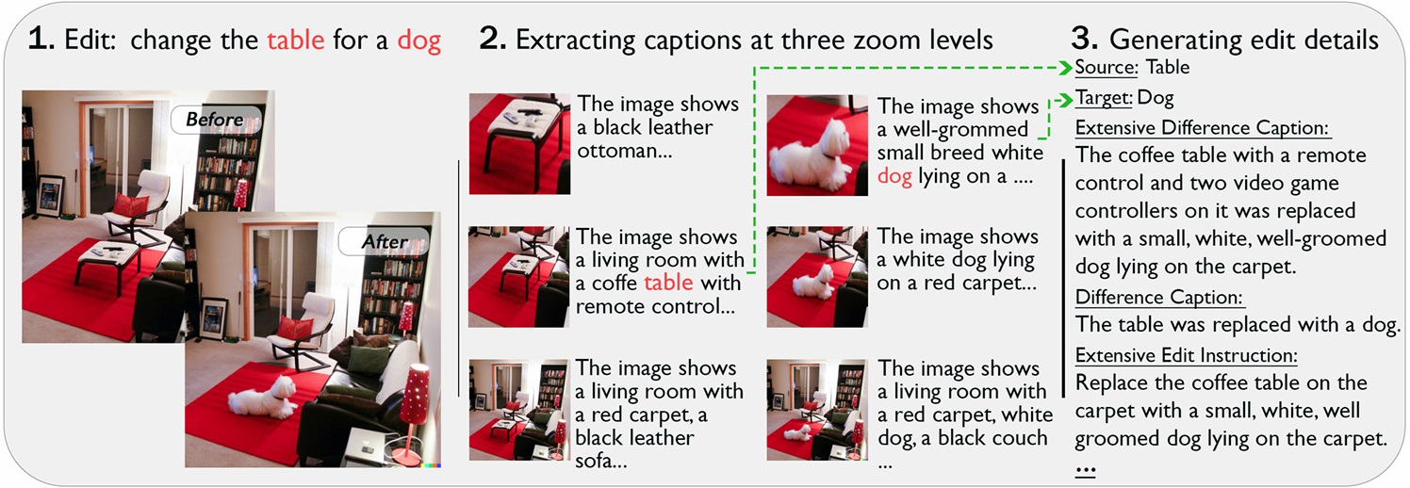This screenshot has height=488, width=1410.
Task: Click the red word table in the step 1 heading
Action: point(295,41)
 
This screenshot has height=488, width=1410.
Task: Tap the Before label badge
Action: point(216,119)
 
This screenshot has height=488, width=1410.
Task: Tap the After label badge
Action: point(384,241)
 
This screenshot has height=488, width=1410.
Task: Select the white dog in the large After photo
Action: point(262,398)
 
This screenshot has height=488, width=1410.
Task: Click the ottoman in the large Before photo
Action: point(109,264)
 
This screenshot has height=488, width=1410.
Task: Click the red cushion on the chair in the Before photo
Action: point(130,205)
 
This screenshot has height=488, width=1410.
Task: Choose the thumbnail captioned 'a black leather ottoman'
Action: point(519,144)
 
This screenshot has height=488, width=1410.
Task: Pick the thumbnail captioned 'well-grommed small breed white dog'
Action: point(817,145)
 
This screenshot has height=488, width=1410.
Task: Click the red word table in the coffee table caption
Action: point(668,283)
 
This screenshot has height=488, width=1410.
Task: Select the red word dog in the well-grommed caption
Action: point(894,177)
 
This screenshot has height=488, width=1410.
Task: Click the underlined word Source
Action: point(1106,67)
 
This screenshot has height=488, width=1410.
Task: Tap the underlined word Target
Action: point(1104,97)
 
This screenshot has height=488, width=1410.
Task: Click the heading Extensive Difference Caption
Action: point(1202,128)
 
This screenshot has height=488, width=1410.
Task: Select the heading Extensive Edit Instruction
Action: point(1186,355)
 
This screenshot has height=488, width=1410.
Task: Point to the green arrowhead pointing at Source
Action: point(1066,67)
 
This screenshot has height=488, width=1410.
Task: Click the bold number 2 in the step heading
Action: point(492,39)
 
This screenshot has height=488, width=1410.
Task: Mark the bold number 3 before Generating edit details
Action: point(1084,39)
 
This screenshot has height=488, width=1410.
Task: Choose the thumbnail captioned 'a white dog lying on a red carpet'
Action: point(817,277)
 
